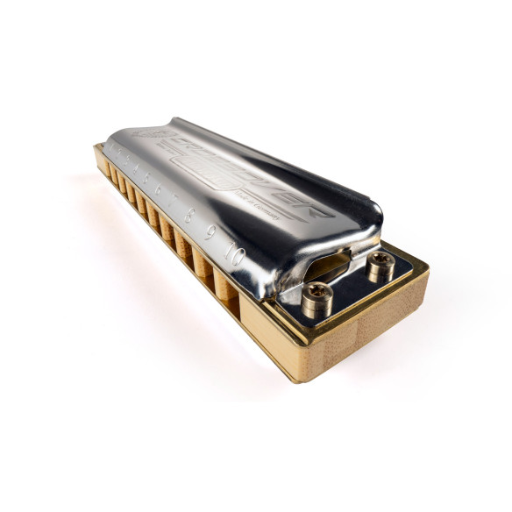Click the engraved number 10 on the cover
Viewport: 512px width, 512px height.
pyautogui.click(x=233, y=254)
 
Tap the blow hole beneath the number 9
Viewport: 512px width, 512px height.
pyautogui.click(x=203, y=264)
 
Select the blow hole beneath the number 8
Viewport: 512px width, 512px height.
pyautogui.click(x=183, y=243)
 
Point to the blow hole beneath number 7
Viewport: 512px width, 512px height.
pyautogui.click(x=167, y=226)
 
